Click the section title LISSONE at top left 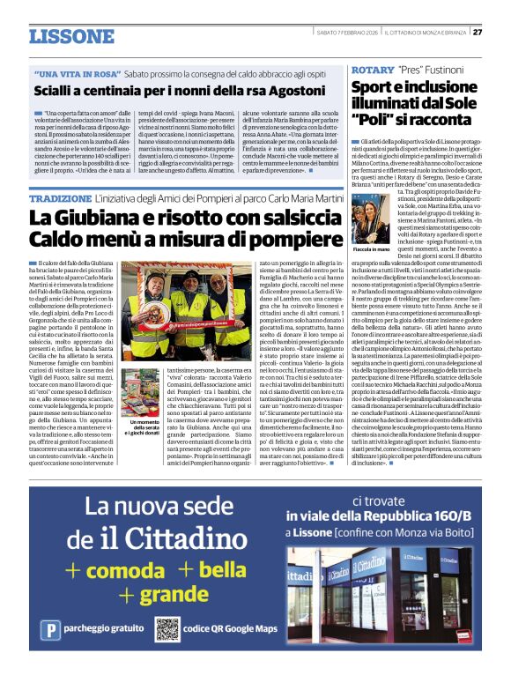click(x=72, y=36)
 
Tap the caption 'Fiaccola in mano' click(x=371, y=224)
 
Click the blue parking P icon click(x=52, y=630)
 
